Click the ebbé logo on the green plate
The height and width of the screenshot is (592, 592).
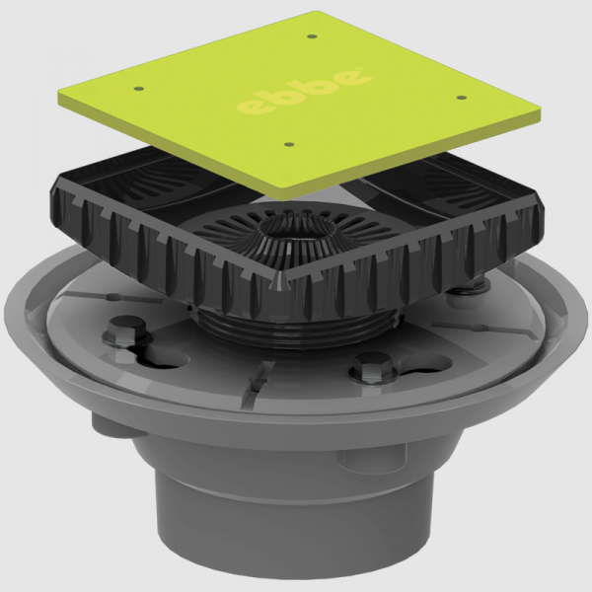304,94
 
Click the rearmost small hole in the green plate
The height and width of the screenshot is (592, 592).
312,37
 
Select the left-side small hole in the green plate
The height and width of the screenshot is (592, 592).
138,89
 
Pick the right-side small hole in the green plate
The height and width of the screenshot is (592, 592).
461,98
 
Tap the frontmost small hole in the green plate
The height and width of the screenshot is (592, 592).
288,145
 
